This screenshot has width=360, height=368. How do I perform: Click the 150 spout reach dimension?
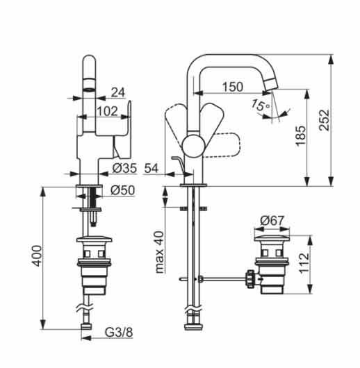click(x=233, y=86)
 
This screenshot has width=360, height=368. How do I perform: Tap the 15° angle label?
click(x=261, y=105)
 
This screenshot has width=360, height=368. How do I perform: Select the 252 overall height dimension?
click(x=325, y=120)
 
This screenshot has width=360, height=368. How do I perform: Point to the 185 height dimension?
click(x=301, y=136)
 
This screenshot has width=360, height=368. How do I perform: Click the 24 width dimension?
click(x=118, y=92)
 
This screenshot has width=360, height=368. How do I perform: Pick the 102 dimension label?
click(x=107, y=111)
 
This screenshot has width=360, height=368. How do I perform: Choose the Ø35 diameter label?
click(x=124, y=168)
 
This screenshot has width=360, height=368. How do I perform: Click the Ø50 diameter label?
click(x=122, y=190)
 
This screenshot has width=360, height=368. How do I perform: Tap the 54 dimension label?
click(x=151, y=168)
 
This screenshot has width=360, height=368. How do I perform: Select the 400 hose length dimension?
click(x=37, y=256)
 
